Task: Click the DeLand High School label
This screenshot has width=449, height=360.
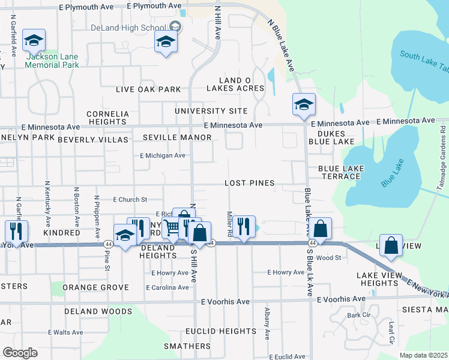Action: click(128, 28)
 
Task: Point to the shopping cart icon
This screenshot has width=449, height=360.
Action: click(172, 227)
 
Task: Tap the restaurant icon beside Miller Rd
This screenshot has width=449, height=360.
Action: click(243, 226)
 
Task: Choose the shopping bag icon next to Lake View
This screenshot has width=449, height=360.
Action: click(391, 246)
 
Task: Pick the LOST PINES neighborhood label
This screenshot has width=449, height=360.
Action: click(249, 183)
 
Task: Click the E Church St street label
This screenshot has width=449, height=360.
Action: click(130, 199)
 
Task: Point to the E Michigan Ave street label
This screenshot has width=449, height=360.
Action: click(162, 155)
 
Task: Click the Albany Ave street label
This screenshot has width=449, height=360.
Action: click(267, 322)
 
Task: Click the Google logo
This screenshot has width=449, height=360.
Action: click(20, 353)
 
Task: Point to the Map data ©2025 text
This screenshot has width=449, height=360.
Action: click(423, 355)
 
